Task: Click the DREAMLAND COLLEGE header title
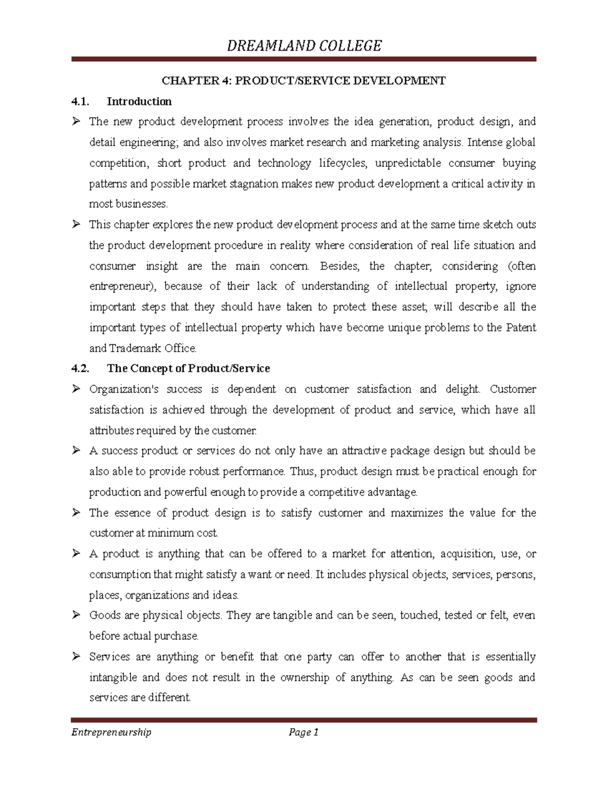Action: (304, 46)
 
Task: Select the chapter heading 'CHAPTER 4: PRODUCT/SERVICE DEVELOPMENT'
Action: (303, 81)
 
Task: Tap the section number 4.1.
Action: (80, 101)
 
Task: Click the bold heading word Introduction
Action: (139, 101)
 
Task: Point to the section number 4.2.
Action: (80, 368)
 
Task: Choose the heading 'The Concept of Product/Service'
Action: (188, 368)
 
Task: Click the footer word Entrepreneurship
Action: (111, 732)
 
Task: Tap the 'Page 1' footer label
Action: (303, 732)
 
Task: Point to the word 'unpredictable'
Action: (408, 163)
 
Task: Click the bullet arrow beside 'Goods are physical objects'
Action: (76, 615)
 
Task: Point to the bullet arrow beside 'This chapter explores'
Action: (76, 224)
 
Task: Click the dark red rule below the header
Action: (303, 60)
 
